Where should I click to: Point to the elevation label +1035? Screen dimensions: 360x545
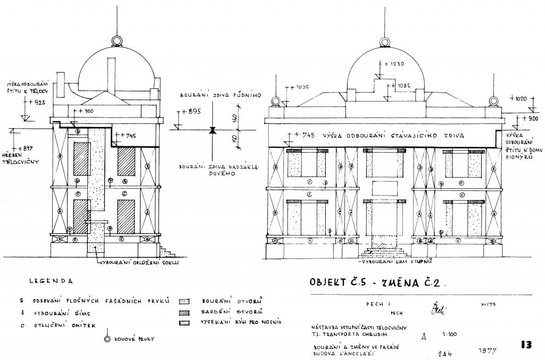299,87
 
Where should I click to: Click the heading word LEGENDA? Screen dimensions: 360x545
51,281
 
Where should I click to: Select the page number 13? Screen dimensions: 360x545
527,345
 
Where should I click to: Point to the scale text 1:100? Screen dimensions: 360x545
450,334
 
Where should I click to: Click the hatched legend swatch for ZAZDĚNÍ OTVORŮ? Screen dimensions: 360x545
185,312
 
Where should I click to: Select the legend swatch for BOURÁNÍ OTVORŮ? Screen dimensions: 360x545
185,301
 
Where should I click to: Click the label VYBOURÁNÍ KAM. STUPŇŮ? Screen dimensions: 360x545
394,262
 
